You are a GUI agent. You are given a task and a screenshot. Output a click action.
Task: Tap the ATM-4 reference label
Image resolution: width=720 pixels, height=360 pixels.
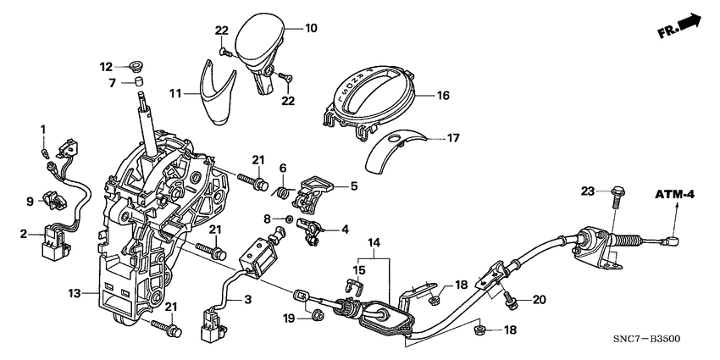point(674,196)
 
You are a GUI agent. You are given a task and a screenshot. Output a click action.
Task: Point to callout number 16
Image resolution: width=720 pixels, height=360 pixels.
point(442,97)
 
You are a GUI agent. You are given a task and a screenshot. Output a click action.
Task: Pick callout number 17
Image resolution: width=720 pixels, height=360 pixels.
point(453,138)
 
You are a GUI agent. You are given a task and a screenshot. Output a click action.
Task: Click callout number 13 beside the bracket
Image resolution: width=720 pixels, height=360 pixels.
point(75,293)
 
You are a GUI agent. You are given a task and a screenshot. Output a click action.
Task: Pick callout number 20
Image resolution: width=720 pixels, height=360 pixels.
point(538,300)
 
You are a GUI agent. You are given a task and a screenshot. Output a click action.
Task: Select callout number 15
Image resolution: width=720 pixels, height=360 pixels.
point(357,270)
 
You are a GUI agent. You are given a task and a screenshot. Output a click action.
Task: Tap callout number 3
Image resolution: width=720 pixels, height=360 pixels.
point(248,299)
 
